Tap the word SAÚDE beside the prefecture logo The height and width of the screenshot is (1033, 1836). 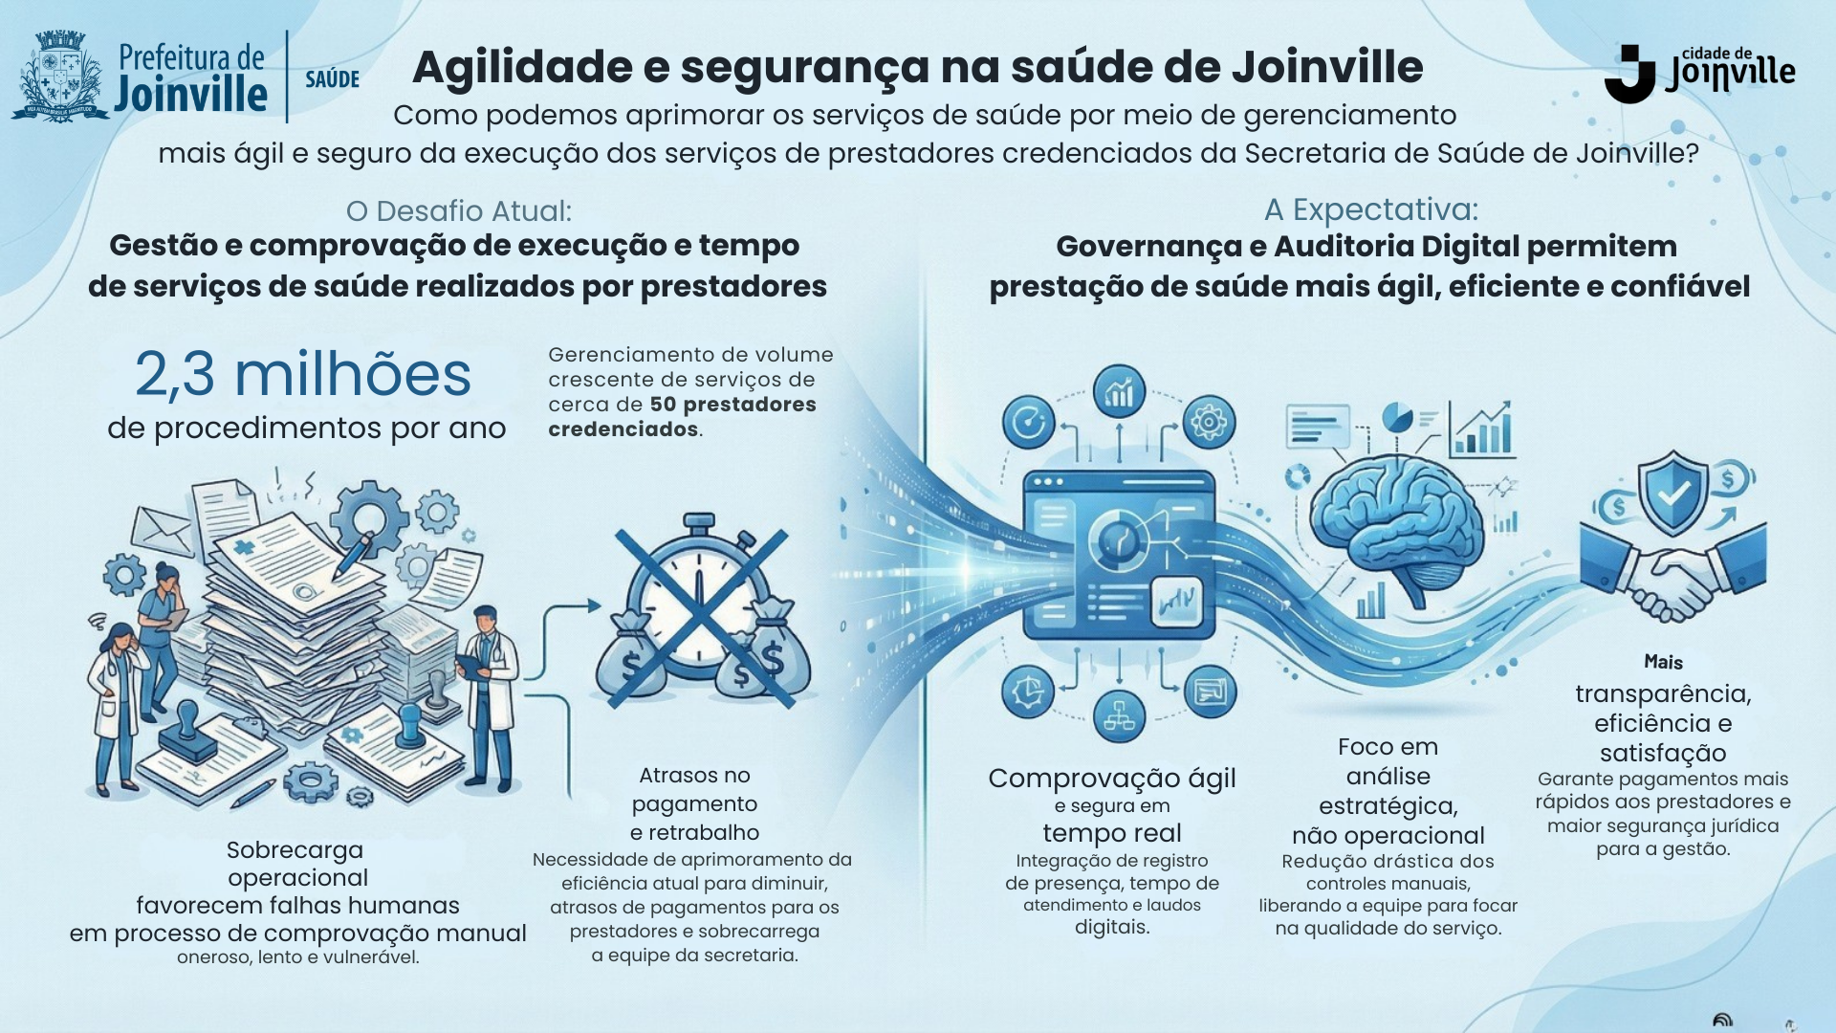point(332,79)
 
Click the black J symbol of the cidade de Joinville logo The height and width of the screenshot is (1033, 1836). point(1629,74)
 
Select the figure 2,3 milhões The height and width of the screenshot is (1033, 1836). point(303,374)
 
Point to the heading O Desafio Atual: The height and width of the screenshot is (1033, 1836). point(459,210)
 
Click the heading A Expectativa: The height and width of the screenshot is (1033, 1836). point(1371,209)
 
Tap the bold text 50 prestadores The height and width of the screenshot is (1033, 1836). point(732,405)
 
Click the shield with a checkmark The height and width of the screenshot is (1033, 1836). point(1672,494)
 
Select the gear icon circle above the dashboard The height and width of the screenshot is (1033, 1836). point(1209,422)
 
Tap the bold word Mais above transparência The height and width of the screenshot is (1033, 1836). point(1663,662)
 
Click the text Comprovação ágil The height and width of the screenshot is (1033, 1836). point(1111,779)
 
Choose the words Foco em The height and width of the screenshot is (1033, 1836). point(1388,747)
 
